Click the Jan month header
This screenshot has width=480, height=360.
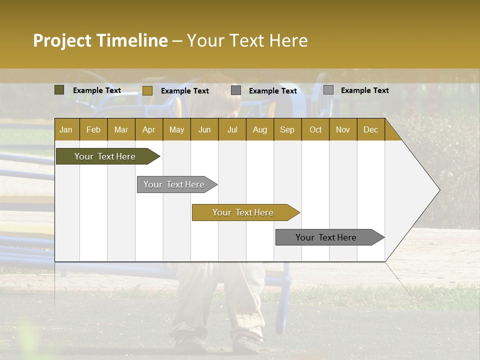[x=66, y=129]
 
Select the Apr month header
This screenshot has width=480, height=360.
[x=148, y=129]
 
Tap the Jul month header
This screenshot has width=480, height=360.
[x=232, y=129]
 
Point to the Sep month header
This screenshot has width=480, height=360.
[x=287, y=129]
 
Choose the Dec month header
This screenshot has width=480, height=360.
[x=370, y=129]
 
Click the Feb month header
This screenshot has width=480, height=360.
[x=93, y=129]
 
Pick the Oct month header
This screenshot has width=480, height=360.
[x=315, y=129]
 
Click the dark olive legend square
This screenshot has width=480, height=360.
[x=59, y=90]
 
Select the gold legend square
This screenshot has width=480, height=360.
[x=147, y=90]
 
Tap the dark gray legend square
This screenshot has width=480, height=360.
[x=236, y=90]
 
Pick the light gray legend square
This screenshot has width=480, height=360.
[x=328, y=90]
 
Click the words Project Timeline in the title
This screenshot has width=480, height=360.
[x=100, y=40]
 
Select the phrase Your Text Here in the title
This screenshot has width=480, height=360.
[x=247, y=40]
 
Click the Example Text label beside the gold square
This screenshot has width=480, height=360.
[x=184, y=91]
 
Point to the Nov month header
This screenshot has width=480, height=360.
[x=343, y=129]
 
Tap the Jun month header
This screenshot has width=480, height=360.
[x=204, y=129]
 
